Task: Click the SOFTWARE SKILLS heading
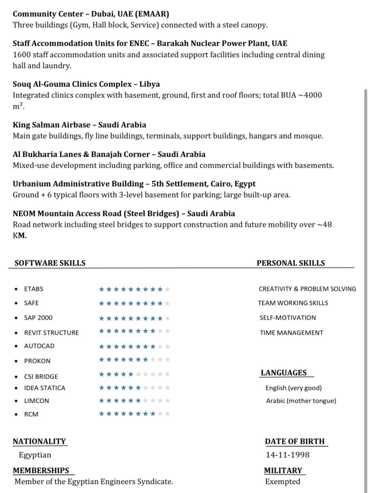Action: tap(50, 263)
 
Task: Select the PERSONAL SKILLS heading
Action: tap(291, 263)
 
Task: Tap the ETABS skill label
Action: tap(34, 289)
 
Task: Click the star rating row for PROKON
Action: tap(134, 359)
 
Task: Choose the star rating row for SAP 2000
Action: tap(134, 318)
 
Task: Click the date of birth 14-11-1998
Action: tap(288, 455)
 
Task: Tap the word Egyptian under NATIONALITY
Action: tap(35, 455)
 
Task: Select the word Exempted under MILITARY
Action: tap(283, 481)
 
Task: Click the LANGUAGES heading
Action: tap(284, 373)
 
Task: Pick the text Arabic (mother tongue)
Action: tap(301, 401)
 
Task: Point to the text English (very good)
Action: tap(293, 388)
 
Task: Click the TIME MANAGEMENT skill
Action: tap(291, 333)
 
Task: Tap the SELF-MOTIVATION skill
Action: tap(288, 318)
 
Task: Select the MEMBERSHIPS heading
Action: tap(41, 471)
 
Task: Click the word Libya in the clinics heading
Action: tap(150, 84)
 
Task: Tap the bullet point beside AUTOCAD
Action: tap(16, 346)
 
